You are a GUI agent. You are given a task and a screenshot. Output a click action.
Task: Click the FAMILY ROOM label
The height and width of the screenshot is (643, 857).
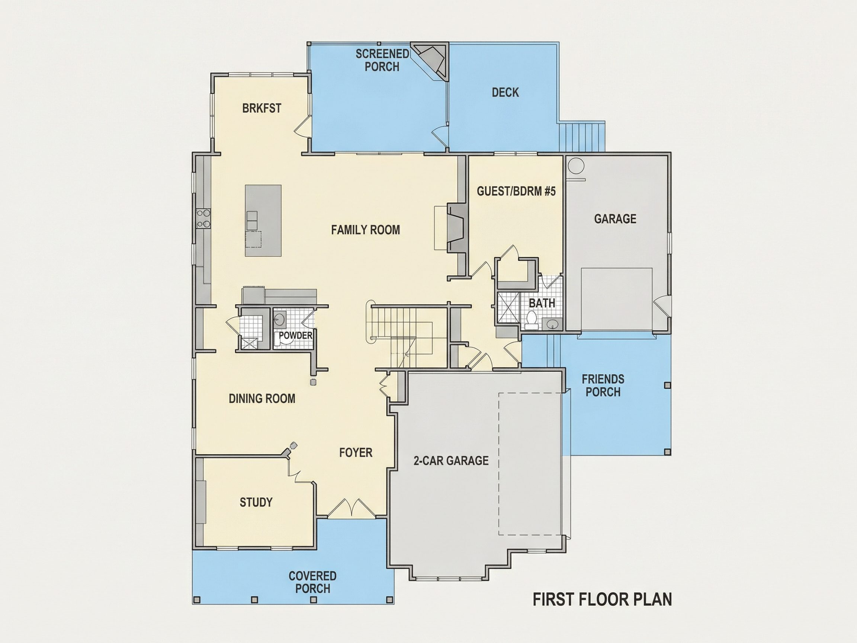click(365, 230)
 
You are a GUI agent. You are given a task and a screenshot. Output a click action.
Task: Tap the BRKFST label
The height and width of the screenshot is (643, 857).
click(261, 108)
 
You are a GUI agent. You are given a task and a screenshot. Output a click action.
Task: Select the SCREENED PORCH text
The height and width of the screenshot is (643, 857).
click(382, 60)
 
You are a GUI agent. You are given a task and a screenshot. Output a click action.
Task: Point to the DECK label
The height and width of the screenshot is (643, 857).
click(505, 92)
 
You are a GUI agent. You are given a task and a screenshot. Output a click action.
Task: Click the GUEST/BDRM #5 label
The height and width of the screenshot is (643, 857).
click(516, 191)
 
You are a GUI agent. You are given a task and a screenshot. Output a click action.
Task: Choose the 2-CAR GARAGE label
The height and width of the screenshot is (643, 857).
click(451, 460)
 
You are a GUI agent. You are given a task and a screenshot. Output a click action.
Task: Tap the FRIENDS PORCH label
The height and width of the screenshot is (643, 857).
click(603, 385)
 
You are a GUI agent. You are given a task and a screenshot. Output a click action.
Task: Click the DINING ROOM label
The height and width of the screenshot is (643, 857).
click(262, 399)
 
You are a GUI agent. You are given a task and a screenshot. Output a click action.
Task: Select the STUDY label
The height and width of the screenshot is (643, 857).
click(256, 502)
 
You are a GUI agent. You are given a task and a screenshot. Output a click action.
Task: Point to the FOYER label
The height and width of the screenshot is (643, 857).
click(356, 452)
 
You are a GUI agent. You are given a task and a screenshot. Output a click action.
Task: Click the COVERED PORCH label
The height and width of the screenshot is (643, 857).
click(313, 582)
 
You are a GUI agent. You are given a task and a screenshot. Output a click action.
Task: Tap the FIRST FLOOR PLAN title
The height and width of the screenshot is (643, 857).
click(602, 599)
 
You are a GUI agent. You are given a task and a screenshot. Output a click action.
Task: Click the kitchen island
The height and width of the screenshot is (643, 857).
click(263, 221)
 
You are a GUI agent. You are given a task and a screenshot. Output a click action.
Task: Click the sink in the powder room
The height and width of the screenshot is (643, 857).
click(279, 320)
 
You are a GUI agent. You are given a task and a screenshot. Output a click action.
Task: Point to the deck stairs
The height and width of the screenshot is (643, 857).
click(581, 137)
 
